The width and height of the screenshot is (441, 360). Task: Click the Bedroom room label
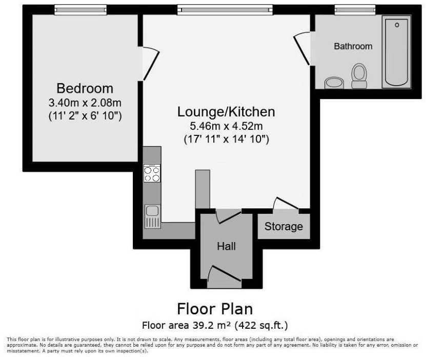click(x=85, y=88)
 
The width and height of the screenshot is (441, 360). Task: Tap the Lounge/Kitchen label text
click(x=226, y=112)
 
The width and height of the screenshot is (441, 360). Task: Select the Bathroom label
click(x=353, y=46)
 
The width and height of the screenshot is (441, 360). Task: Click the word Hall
click(x=226, y=246)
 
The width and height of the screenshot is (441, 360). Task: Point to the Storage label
click(x=284, y=226)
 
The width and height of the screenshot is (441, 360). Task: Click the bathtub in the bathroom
click(x=396, y=52)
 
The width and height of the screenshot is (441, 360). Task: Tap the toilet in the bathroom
click(x=359, y=76)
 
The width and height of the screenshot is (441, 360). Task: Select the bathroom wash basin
click(x=334, y=83)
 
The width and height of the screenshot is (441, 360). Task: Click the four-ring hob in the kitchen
click(x=152, y=173)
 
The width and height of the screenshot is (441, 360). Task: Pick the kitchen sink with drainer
click(x=152, y=216)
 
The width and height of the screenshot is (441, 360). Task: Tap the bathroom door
click(x=302, y=49)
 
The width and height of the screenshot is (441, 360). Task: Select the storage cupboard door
click(x=286, y=203)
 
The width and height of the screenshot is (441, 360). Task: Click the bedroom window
click(x=81, y=10)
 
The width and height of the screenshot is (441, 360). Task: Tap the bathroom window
click(x=355, y=10)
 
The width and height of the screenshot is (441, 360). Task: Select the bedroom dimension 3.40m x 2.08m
click(x=85, y=103)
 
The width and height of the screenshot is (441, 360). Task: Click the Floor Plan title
click(x=215, y=309)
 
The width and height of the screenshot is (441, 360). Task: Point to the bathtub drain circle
click(x=397, y=25)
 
